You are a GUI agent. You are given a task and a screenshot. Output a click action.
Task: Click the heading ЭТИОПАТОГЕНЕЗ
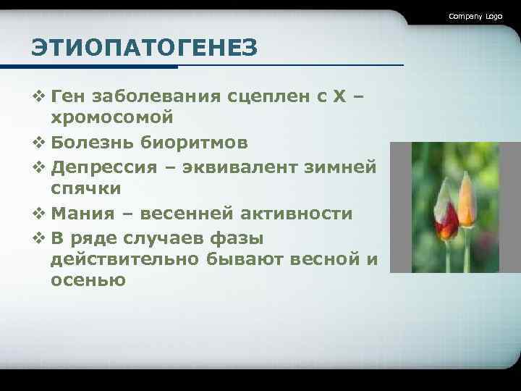(144, 49)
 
